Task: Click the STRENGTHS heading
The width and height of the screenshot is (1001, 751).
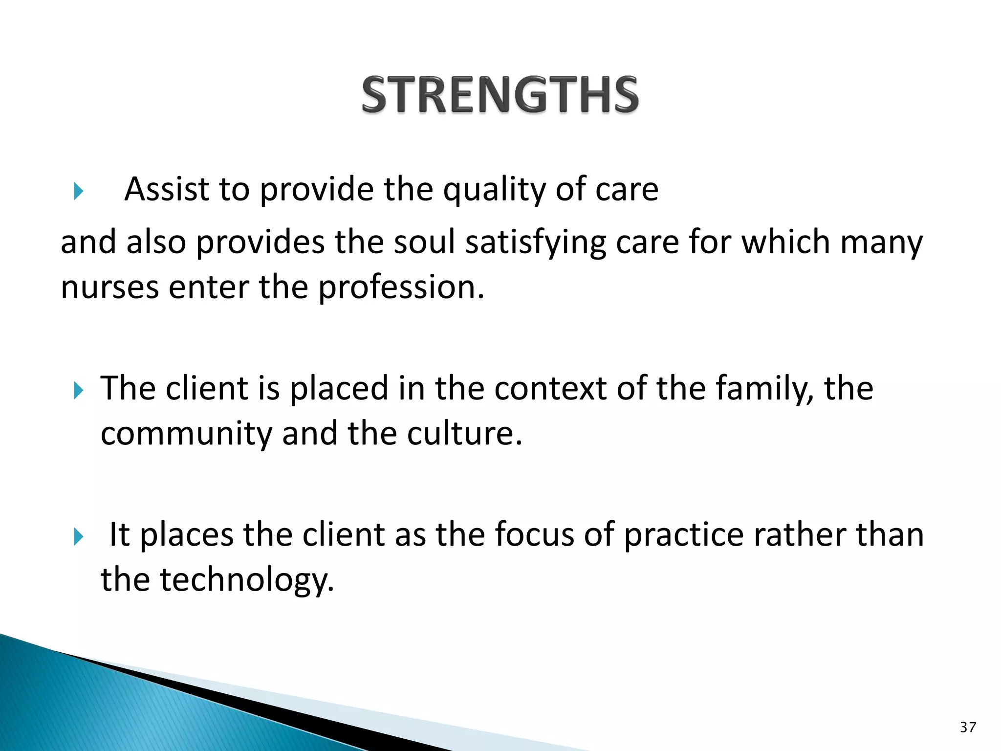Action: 500,95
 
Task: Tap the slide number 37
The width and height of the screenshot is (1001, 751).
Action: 968,727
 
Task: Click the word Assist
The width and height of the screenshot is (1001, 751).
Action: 167,189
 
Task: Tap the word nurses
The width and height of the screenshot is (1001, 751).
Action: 109,287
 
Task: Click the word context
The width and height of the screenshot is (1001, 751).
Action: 550,389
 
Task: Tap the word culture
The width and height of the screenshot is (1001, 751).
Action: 464,434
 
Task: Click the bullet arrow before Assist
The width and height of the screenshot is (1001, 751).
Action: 79,191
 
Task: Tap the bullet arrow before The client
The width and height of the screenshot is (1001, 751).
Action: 79,390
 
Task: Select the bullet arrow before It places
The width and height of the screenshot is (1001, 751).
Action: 79,536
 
